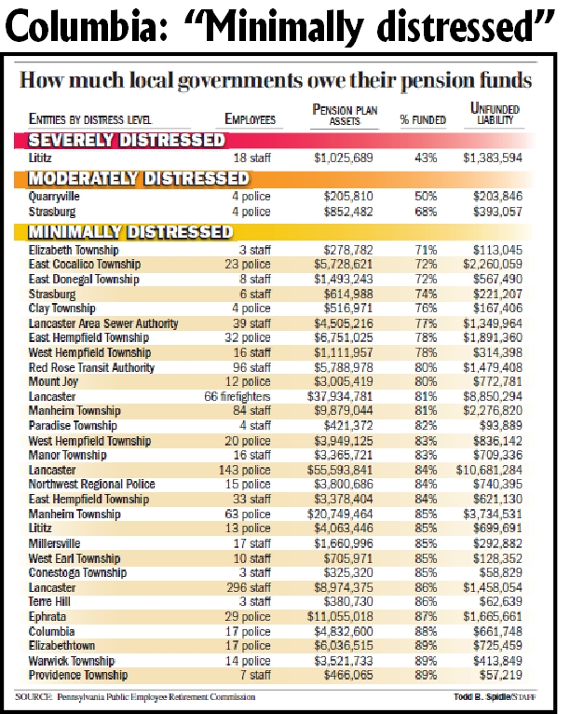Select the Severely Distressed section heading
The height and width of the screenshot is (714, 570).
[128, 141]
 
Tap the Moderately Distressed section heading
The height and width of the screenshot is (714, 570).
[140, 178]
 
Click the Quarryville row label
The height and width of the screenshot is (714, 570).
[57, 197]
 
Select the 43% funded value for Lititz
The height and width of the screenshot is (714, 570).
[427, 159]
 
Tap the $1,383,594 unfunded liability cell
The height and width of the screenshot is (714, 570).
[500, 159]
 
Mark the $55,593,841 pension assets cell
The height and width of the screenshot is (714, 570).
[351, 471]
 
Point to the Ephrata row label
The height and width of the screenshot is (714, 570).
[47, 618]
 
